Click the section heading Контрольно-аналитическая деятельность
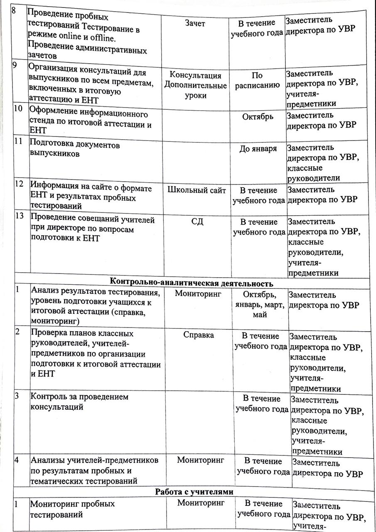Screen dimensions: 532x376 pyautogui.click(x=192, y=283)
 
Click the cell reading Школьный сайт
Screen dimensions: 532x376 pyautogui.click(x=197, y=190)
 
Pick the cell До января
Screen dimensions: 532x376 pyautogui.click(x=258, y=149)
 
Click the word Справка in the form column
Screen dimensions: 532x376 pyautogui.click(x=199, y=335)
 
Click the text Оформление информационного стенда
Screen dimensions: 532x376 pyautogui.click(x=88, y=118)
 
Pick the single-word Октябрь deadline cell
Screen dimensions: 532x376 pyautogui.click(x=258, y=117)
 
